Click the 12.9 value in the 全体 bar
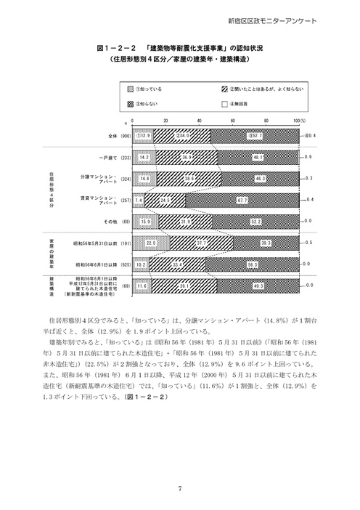(143, 135)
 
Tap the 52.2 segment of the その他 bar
(255, 220)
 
